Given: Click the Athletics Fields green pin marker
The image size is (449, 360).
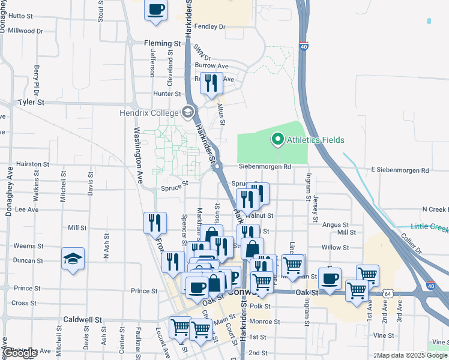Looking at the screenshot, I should (277, 140).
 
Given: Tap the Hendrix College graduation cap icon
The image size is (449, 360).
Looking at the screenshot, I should (188, 112).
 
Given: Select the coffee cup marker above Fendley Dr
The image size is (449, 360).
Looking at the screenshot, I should (156, 10).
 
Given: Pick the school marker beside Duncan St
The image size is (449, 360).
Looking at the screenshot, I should (73, 259).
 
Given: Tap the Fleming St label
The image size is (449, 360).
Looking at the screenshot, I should (162, 44).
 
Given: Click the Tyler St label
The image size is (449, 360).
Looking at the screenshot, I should (31, 103).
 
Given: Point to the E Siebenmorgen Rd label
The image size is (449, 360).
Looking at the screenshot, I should (400, 170).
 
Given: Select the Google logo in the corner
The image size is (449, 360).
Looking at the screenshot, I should (20, 353).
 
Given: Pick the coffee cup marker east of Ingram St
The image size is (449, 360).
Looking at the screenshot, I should (330, 278).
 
